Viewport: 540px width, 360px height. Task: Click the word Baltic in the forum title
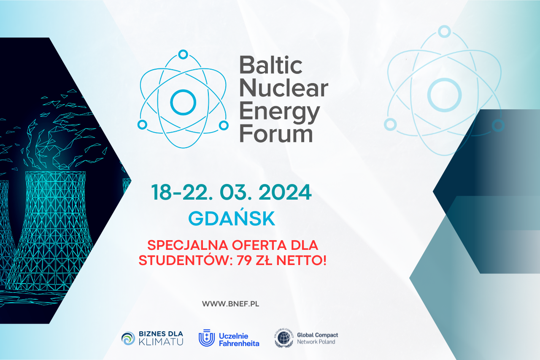[271, 65]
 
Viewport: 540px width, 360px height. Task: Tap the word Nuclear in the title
[284, 88]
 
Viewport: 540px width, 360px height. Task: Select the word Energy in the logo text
[280, 113]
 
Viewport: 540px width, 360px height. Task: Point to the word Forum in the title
[276, 133]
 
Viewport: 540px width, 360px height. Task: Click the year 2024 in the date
[285, 192]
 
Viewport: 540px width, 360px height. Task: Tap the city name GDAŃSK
[232, 218]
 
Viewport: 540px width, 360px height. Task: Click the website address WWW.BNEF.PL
[231, 304]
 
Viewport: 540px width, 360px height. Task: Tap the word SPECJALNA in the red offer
[188, 246]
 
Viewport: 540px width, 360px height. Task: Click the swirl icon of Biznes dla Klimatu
[128, 338]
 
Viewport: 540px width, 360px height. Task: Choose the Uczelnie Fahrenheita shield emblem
[207, 338]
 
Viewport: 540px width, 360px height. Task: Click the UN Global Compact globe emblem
[284, 338]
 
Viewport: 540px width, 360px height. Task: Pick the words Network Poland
[316, 342]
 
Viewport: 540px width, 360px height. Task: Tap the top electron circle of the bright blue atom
[183, 54]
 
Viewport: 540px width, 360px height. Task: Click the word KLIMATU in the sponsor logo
[161, 342]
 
